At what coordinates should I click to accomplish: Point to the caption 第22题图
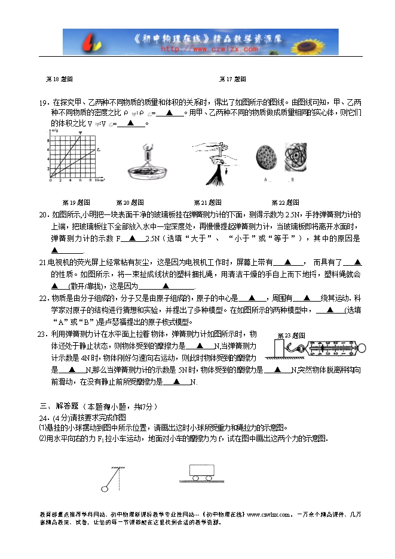[x=285, y=202]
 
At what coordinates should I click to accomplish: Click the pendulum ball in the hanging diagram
[x=106, y=489]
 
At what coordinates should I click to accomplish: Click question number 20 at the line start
[x=43, y=214]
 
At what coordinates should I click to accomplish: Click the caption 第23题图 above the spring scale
[x=292, y=336]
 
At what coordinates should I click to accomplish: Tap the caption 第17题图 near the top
[x=232, y=79]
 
